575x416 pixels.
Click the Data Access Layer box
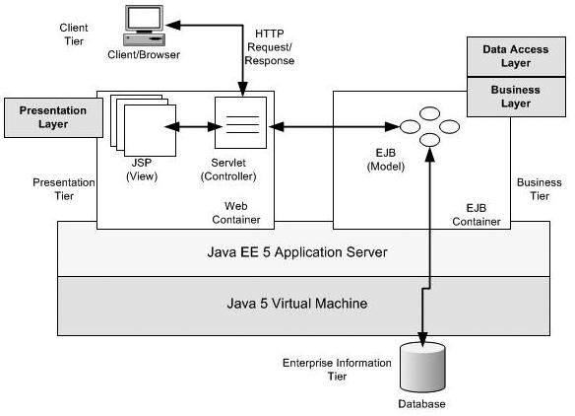(506, 56)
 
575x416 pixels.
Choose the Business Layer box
(506, 96)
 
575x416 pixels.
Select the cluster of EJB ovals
(429, 126)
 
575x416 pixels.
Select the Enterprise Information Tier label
(339, 370)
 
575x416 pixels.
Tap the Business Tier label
(540, 189)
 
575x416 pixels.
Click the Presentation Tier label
(64, 189)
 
